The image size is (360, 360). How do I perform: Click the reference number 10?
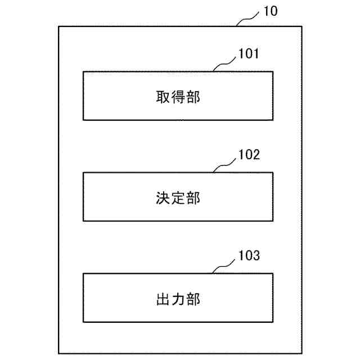[269, 11]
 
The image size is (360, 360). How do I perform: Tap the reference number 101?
[248, 55]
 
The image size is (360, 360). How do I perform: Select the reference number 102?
[248, 156]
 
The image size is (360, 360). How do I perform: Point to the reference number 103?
[248, 257]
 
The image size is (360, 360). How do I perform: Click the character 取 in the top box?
[163, 97]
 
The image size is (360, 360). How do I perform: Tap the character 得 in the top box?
[178, 97]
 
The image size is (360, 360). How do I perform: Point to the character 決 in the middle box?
[163, 198]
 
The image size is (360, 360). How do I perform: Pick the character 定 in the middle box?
[178, 198]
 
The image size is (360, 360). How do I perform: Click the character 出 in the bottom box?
[163, 299]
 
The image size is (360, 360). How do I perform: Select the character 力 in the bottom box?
[178, 299]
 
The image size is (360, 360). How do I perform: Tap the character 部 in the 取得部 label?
[193, 97]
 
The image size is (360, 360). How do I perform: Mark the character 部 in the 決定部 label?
[193, 198]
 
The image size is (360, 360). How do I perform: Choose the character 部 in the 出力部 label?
[193, 299]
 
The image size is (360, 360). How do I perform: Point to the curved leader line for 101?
[226, 64]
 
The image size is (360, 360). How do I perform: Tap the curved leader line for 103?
[226, 265]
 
